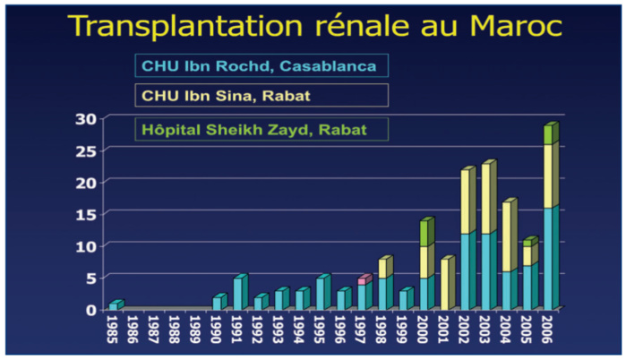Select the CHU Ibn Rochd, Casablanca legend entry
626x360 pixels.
point(261,65)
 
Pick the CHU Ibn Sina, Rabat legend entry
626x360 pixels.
point(261,95)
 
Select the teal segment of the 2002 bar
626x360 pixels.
point(467,271)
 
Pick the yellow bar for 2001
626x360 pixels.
point(446,285)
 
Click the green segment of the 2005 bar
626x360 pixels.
point(529,242)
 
